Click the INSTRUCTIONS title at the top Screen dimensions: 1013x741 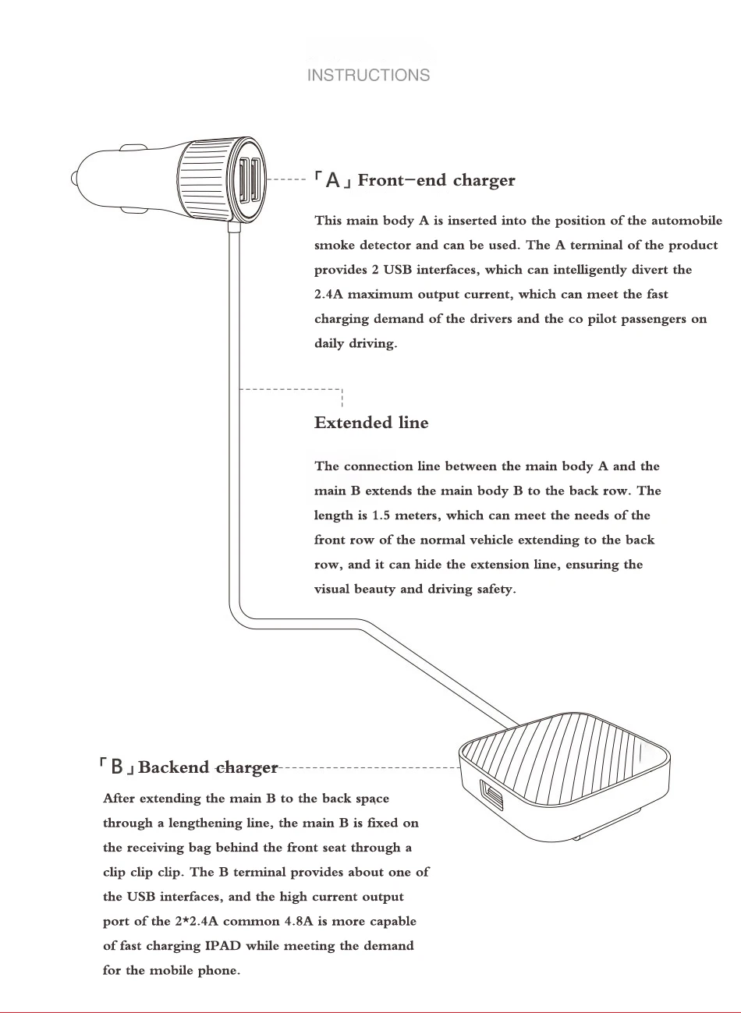pyautogui.click(x=368, y=76)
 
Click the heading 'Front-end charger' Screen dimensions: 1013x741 pyautogui.click(x=436, y=181)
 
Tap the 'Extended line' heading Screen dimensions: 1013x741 pyautogui.click(x=371, y=423)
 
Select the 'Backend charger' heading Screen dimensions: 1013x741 pyautogui.click(x=207, y=767)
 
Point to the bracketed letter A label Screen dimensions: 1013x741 pyautogui.click(x=333, y=181)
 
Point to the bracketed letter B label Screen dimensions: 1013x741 pyautogui.click(x=117, y=767)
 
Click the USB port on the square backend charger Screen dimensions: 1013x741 pyautogui.click(x=493, y=798)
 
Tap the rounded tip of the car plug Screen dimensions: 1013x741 pyautogui.click(x=76, y=178)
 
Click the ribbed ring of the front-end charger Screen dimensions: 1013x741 pyautogui.click(x=204, y=180)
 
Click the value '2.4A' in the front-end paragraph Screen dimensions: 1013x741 pyautogui.click(x=328, y=295)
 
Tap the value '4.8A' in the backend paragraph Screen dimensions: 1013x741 pyautogui.click(x=298, y=922)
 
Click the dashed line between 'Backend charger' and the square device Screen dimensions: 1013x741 pyautogui.click(x=367, y=768)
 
